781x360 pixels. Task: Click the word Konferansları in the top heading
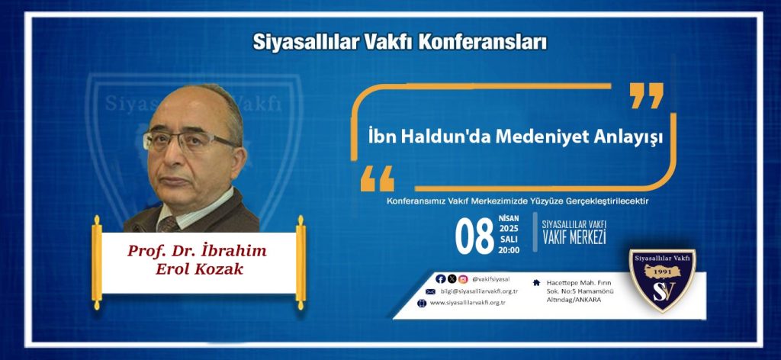coord(483,42)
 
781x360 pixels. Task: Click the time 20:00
coord(509,250)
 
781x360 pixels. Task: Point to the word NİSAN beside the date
coord(509,219)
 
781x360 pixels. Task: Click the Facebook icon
coord(440,279)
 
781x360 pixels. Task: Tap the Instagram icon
coord(463,279)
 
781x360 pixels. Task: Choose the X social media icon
coord(452,279)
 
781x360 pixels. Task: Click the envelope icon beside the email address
coord(430,291)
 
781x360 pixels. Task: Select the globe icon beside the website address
coord(423,304)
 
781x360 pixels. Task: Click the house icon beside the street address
coord(536,283)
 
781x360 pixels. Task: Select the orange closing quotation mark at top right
coord(647,95)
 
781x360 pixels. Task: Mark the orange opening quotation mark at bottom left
coord(377,178)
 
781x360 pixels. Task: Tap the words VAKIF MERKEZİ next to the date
coord(574,238)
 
